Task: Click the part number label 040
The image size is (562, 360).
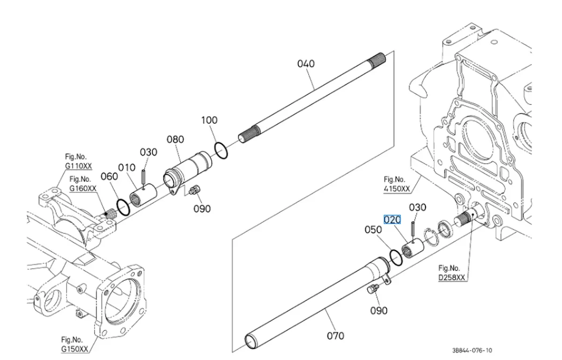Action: click(306, 64)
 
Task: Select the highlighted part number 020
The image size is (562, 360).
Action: click(392, 220)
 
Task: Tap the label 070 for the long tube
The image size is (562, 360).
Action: click(335, 336)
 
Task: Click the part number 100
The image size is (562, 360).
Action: click(209, 120)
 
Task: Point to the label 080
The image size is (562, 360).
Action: click(175, 140)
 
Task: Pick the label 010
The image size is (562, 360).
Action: click(126, 168)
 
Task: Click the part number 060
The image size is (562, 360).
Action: click(109, 177)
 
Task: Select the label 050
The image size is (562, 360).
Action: click(374, 230)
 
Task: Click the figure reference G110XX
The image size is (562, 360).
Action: click(79, 166)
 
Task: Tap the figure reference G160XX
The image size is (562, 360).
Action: click(83, 188)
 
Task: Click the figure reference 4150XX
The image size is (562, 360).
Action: click(397, 189)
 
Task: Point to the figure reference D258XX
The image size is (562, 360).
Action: click(451, 277)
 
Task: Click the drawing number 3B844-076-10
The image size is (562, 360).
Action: click(472, 350)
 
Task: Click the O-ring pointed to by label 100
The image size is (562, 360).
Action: click(221, 150)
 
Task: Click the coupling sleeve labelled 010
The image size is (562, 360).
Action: click(142, 194)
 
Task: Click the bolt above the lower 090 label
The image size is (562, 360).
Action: click(373, 290)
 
